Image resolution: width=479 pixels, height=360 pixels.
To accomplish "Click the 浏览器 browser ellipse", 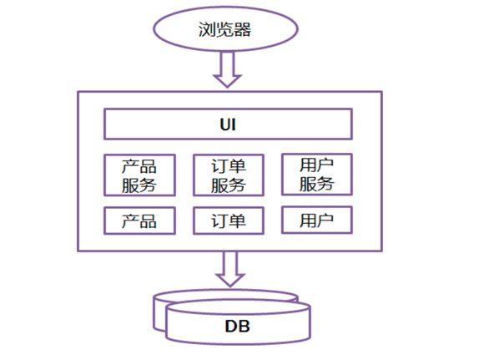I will pyautogui.click(x=225, y=29).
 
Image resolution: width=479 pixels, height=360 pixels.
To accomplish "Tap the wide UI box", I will pyautogui.click(x=227, y=124).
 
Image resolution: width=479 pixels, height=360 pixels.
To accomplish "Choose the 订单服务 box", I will pyautogui.click(x=228, y=175).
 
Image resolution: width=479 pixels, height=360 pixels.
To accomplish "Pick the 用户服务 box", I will pyautogui.click(x=316, y=174).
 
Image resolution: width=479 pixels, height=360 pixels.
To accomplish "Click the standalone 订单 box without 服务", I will pyautogui.click(x=228, y=221).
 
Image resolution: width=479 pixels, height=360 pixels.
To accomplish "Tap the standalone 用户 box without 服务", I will pyautogui.click(x=316, y=220).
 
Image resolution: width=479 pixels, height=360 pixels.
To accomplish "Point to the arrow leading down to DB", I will pyautogui.click(x=227, y=269).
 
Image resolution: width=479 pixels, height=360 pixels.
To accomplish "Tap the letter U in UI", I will pyautogui.click(x=222, y=124).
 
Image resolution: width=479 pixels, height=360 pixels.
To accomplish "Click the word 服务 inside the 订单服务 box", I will pyautogui.click(x=228, y=185).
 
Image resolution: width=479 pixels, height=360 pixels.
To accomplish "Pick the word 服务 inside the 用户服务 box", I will pyautogui.click(x=316, y=184).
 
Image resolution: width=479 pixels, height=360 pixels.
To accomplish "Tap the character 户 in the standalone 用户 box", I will pyautogui.click(x=326, y=220).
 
